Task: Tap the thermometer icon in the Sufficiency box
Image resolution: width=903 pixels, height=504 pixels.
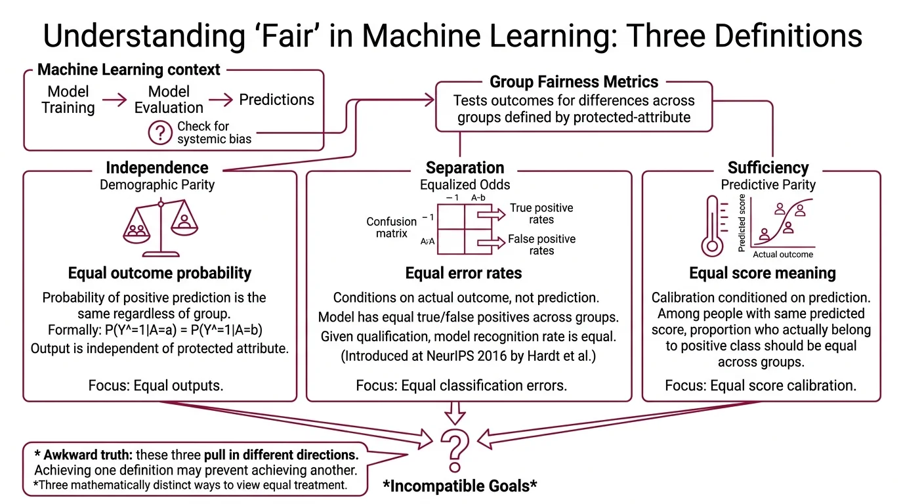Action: (711, 227)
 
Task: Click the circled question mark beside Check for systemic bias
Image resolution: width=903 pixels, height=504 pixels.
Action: (159, 133)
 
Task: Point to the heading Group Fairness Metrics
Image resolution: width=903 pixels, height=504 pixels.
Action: (574, 82)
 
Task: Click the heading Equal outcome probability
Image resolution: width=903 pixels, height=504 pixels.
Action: (159, 273)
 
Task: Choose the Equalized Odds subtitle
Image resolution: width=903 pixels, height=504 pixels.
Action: (465, 184)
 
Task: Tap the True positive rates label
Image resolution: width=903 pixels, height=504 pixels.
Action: (541, 214)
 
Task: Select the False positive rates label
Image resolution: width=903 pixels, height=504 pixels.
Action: (541, 245)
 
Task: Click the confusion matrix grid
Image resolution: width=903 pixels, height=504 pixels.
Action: (465, 228)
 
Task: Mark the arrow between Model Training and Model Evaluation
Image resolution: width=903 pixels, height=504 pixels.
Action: (115, 100)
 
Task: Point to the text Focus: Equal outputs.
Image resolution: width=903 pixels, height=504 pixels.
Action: (156, 385)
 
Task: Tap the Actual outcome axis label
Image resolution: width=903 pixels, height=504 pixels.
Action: (782, 255)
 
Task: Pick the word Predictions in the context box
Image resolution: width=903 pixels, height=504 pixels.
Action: (276, 100)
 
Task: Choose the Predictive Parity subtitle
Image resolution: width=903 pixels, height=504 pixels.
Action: (768, 184)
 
